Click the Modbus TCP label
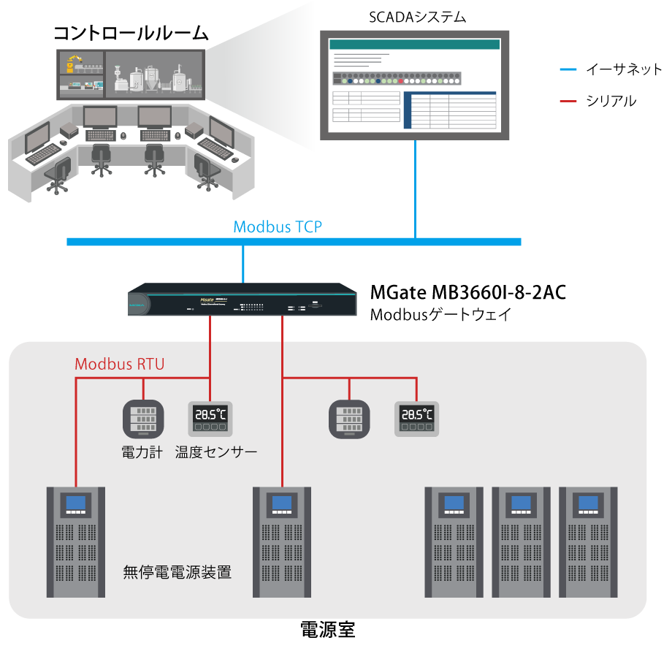(278, 226)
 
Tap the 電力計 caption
(142, 452)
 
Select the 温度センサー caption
(216, 452)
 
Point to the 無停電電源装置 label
(177, 572)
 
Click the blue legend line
(568, 70)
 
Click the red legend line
(568, 101)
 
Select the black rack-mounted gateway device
(242, 300)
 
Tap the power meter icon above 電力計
(142, 419)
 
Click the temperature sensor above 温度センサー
(210, 419)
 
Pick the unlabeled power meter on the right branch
(348, 419)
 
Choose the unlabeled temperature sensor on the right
(416, 419)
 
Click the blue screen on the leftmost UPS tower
(75, 503)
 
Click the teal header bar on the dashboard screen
(415, 45)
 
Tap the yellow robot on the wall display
(71, 64)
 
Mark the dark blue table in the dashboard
(450, 110)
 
